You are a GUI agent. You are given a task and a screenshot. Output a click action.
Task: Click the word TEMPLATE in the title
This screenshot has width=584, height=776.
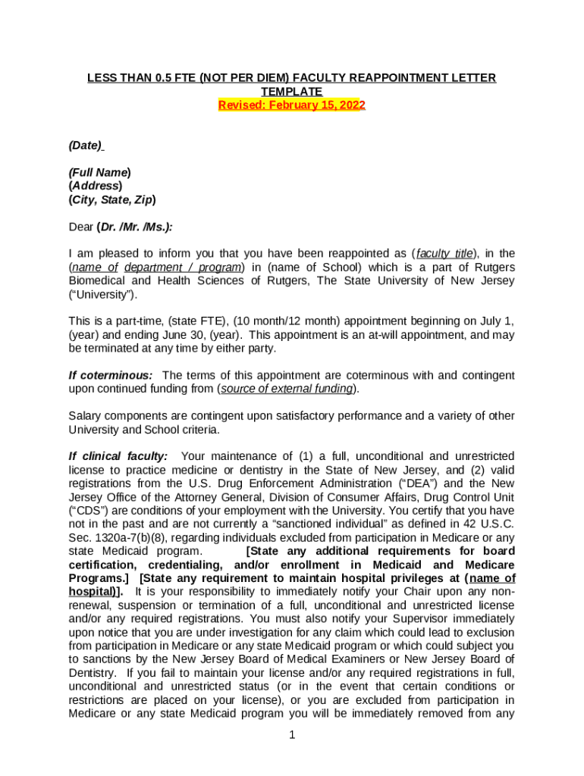(x=292, y=92)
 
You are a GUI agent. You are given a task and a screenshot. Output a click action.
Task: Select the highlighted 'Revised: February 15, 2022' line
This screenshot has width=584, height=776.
(x=292, y=105)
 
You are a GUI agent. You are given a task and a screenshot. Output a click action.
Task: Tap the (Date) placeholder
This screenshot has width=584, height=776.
(x=86, y=145)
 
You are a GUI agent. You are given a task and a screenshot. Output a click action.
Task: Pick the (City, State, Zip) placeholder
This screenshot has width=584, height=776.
(x=112, y=200)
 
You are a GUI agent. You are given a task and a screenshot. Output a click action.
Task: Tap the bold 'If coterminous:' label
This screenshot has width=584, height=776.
(x=111, y=375)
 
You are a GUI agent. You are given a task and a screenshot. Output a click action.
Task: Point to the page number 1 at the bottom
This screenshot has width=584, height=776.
(x=292, y=736)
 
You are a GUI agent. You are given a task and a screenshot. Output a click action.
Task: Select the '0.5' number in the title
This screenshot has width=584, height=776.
(x=159, y=78)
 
